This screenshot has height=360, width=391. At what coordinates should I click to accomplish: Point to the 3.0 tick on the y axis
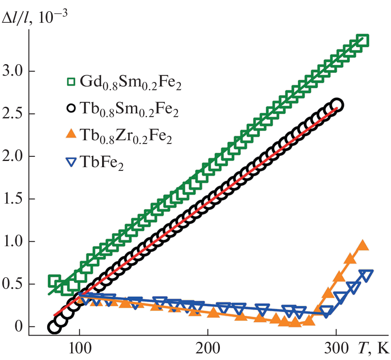click(14, 71)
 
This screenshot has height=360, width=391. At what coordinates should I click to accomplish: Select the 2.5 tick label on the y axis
click(14, 114)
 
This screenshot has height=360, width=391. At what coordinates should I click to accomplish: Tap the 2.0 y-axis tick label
click(14, 156)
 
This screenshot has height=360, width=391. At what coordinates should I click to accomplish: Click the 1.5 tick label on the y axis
click(14, 199)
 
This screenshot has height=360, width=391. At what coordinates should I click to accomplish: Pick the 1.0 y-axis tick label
click(14, 242)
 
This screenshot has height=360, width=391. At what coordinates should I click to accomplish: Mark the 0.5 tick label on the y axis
click(14, 284)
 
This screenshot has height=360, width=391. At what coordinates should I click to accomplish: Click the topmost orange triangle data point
click(362, 245)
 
